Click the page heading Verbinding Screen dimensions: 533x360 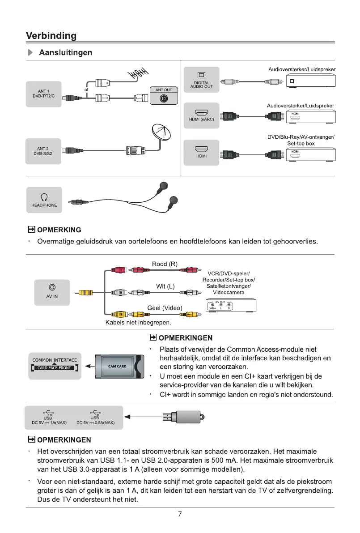(x=51, y=36)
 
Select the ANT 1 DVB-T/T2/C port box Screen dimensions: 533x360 (x=43, y=94)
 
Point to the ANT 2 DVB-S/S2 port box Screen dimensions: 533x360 (x=43, y=151)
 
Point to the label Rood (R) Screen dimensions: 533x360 (x=165, y=264)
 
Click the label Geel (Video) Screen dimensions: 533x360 (x=165, y=307)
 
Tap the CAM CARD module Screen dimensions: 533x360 (x=120, y=366)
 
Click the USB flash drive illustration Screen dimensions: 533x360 (x=183, y=417)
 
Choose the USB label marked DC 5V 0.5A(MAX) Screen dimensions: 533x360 (x=96, y=417)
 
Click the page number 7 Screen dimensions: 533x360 (x=180, y=514)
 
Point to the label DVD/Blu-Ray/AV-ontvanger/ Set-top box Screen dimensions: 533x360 (x=301, y=140)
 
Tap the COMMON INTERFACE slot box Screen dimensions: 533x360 (x=55, y=365)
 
